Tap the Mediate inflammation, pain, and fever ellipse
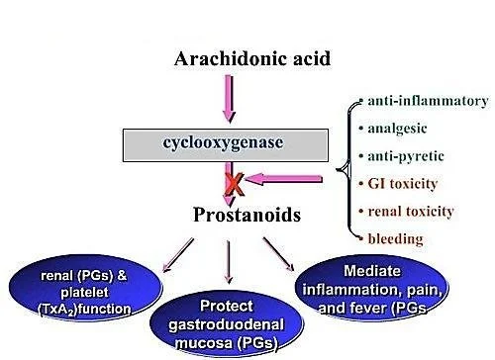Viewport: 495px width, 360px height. [377, 281]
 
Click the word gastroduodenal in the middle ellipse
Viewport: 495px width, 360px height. [225, 323]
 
